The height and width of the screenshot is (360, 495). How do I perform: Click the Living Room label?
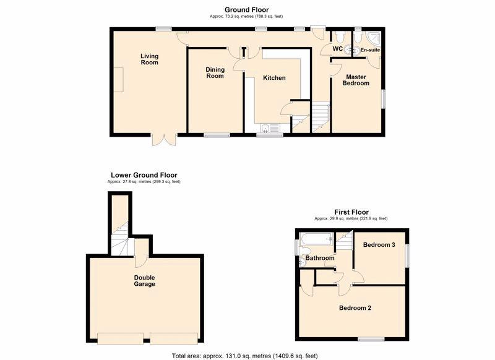click(x=149, y=59)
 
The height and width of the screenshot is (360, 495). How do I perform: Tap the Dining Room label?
click(x=215, y=72)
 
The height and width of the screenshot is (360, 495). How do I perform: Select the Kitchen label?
click(x=274, y=78)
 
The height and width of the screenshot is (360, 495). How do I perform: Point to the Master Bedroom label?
click(x=357, y=80)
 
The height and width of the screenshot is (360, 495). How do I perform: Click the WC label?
click(x=337, y=49)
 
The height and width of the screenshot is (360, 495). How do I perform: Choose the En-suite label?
click(x=370, y=49)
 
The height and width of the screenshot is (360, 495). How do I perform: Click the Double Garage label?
click(x=144, y=281)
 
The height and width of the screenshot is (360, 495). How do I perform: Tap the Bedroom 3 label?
click(x=379, y=245)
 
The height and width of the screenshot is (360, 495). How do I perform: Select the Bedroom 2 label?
click(x=355, y=307)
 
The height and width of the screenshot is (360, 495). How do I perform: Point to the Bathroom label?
click(x=320, y=258)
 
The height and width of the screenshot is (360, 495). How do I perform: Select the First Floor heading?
click(x=351, y=212)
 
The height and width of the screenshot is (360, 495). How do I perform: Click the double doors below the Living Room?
click(x=165, y=139)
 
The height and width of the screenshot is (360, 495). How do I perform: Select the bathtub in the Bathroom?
click(x=316, y=239)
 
